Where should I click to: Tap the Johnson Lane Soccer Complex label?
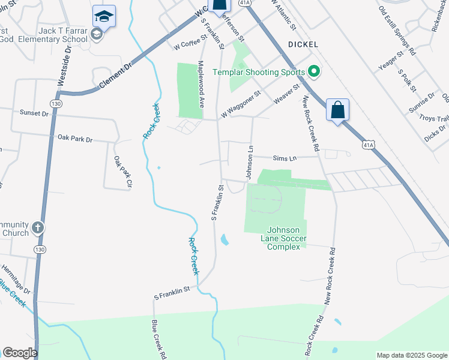287,238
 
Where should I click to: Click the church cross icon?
37,227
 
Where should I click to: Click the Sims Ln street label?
285,158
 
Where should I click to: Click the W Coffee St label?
190,42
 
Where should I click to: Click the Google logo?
20,353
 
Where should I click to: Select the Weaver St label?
287,96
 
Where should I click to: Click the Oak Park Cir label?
122,173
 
